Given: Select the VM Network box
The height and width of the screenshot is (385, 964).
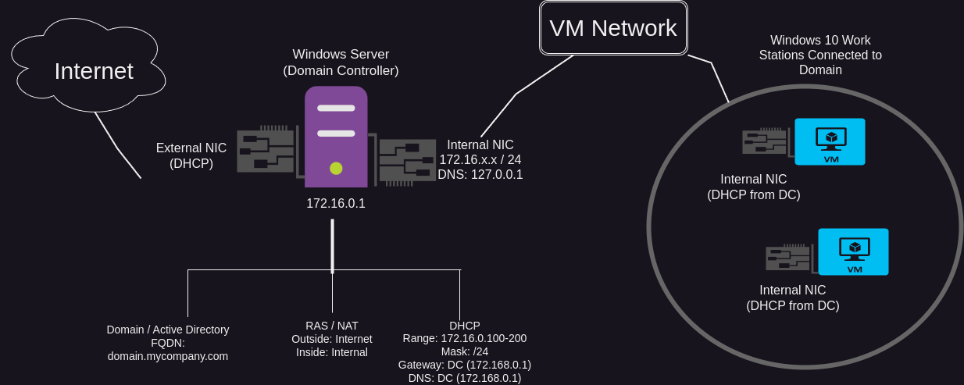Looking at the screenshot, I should (x=613, y=28).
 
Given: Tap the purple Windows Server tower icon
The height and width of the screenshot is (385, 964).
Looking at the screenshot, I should (x=336, y=137).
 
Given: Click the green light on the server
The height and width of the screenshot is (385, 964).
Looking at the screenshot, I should (x=336, y=167).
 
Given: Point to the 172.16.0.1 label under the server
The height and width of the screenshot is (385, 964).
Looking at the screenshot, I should (x=336, y=204).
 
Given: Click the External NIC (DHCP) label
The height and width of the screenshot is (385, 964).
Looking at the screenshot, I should (x=191, y=155).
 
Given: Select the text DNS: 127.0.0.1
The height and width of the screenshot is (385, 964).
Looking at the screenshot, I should (x=480, y=175).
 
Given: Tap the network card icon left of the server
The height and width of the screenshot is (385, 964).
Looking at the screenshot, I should (x=266, y=148).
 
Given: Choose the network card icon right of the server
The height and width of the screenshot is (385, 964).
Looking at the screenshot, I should (x=407, y=161).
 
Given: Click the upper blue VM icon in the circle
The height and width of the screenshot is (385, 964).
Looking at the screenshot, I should (x=830, y=141).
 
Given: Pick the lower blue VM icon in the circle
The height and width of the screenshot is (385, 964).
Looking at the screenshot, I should (x=853, y=251).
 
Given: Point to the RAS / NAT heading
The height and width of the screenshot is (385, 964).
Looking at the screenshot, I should (x=332, y=326).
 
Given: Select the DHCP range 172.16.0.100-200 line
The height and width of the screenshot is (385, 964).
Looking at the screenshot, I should (x=465, y=339).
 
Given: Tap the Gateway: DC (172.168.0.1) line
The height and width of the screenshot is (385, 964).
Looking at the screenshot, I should (x=465, y=365).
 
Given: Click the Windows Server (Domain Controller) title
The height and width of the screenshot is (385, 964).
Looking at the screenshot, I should (x=341, y=62).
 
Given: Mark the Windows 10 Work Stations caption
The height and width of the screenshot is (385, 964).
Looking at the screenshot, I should (x=820, y=55).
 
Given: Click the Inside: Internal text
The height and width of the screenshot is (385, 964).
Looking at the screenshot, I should (x=332, y=352).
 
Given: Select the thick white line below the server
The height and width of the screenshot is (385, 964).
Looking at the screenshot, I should (x=332, y=246).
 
